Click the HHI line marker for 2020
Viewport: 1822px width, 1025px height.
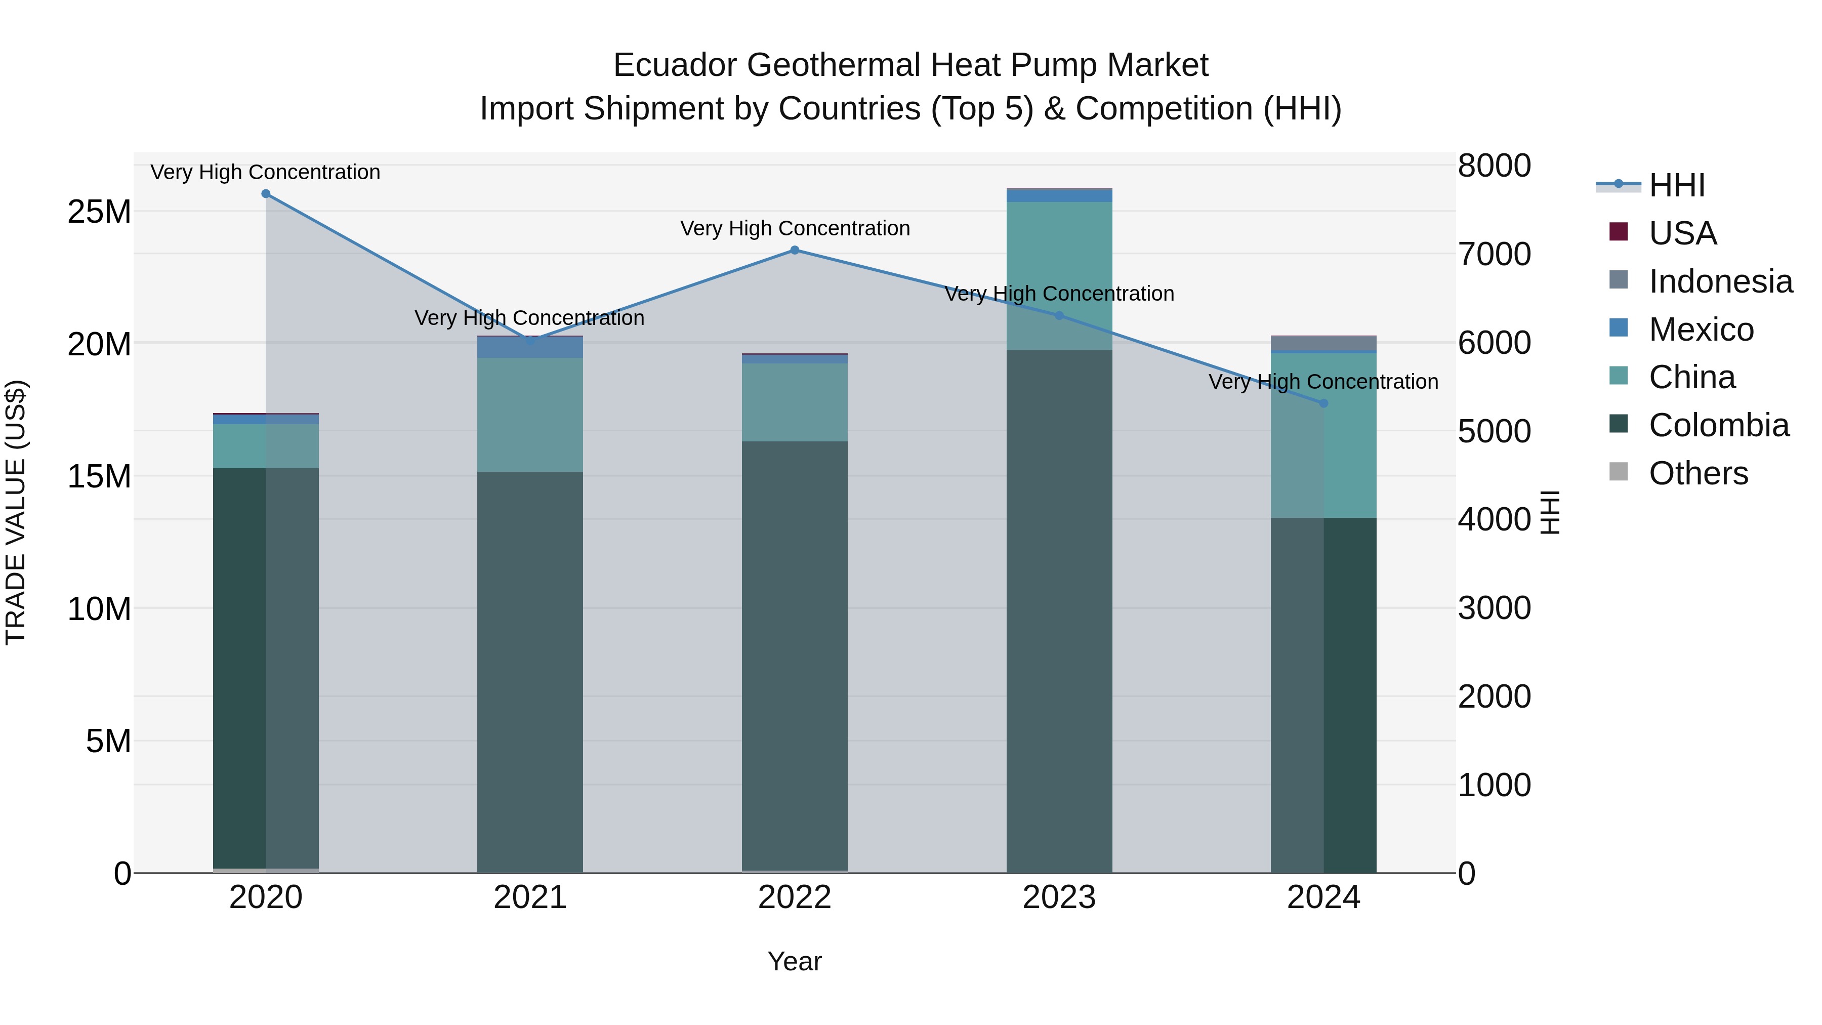coord(266,194)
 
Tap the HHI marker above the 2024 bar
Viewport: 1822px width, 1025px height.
coord(1324,403)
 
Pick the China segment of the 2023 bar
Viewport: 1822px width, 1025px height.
coord(1059,276)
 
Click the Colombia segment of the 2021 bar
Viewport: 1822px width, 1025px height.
coord(530,672)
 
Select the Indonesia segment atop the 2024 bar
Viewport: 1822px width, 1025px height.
coord(1323,343)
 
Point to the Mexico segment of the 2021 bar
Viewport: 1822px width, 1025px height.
coord(530,347)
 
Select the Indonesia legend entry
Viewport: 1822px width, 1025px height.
coord(1720,281)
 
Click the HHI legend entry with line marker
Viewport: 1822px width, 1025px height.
coord(1676,185)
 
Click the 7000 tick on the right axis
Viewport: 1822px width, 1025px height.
coord(1494,255)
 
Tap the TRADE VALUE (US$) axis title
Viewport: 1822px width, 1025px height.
coord(16,512)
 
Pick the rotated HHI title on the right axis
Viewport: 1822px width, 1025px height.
coord(1550,512)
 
